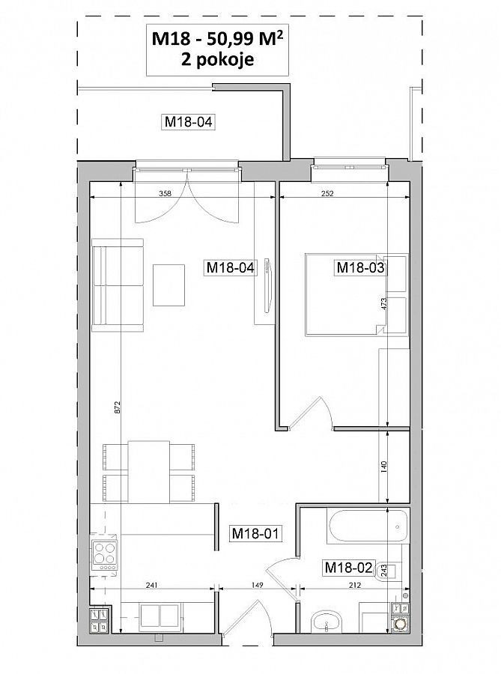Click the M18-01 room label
[255, 533]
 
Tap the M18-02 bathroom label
[348, 568]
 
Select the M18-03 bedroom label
[360, 268]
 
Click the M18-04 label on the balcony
[189, 121]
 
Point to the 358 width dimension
[165, 193]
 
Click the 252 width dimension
[327, 193]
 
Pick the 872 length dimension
[118, 407]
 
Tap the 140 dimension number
[384, 467]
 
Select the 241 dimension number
[152, 585]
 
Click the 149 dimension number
[257, 585]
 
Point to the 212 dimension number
[355, 585]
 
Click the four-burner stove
[104, 553]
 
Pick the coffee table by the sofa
[168, 285]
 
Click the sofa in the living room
[118, 285]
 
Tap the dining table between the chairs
[149, 471]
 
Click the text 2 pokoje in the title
[217, 59]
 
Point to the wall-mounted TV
[267, 285]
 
